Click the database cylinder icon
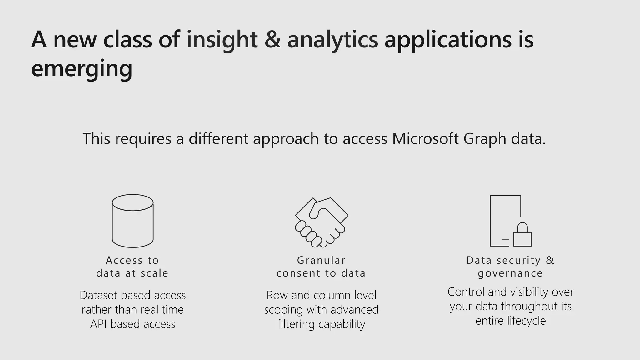coord(133,221)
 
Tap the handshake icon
coord(322,222)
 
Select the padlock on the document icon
coord(522,236)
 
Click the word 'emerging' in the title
coord(82,68)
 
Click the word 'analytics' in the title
coord(332,40)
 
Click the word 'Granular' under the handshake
coord(321,260)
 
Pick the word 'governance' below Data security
coord(511,273)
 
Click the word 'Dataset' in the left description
coord(99,295)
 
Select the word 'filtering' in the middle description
coord(296,324)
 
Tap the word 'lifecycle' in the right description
coord(526,321)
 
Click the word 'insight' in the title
coord(222,40)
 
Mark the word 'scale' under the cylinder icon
coord(154,273)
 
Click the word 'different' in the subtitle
coord(218,138)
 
